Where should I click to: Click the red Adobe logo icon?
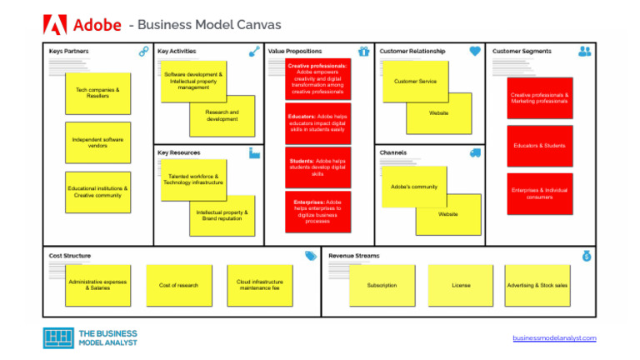[x=54, y=25]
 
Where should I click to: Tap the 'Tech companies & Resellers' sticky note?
[x=97, y=92]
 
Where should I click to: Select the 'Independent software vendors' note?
[x=97, y=142]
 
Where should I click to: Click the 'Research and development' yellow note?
[x=222, y=117]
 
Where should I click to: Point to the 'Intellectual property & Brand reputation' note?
[x=222, y=215]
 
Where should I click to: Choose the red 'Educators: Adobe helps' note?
[x=317, y=123]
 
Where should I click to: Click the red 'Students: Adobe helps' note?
[x=317, y=167]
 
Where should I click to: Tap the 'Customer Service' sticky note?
[x=415, y=82]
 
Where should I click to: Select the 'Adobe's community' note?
[x=414, y=187]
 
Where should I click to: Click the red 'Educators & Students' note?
[x=539, y=146]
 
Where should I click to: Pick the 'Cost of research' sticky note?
[x=178, y=285]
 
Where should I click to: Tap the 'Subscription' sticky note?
[x=382, y=285]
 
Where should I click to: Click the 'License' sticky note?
[x=461, y=285]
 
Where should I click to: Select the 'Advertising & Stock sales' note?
[x=538, y=285]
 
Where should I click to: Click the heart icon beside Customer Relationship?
[x=475, y=52]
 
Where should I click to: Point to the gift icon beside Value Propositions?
[x=363, y=52]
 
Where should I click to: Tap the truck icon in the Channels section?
[x=475, y=153]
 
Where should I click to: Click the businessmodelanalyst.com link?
[x=554, y=337]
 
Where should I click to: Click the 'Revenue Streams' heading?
[x=353, y=256]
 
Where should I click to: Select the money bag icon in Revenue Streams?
[x=587, y=256]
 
